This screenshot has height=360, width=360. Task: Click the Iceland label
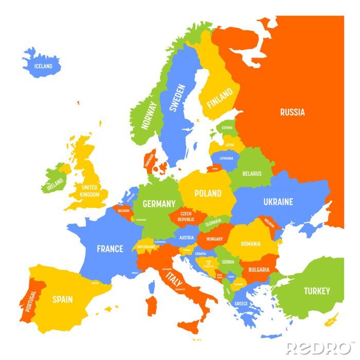(x=43, y=66)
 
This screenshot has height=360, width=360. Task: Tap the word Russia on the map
(x=292, y=112)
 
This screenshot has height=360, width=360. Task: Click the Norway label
(x=149, y=115)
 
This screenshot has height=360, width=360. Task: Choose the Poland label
(x=208, y=193)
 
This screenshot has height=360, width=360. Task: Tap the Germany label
(x=159, y=204)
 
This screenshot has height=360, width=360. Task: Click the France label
(x=110, y=249)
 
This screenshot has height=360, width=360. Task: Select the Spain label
(x=62, y=299)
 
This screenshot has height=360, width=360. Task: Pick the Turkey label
(x=316, y=291)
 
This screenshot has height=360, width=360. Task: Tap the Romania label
(x=250, y=243)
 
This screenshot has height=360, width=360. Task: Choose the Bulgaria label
(x=258, y=269)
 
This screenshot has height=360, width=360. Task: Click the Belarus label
(x=251, y=174)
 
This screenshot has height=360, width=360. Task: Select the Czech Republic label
(x=186, y=216)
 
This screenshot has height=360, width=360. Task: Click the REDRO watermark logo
(x=318, y=348)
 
